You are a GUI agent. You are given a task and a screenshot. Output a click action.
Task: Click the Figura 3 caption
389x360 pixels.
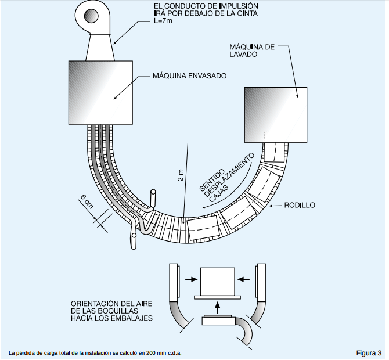pos(369,352)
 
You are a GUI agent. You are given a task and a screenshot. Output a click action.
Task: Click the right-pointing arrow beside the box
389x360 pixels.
pos(189,279)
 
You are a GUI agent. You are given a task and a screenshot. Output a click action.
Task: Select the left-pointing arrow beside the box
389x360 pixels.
pos(244,279)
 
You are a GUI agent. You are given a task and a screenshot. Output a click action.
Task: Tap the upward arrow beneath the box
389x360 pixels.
pos(217,305)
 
